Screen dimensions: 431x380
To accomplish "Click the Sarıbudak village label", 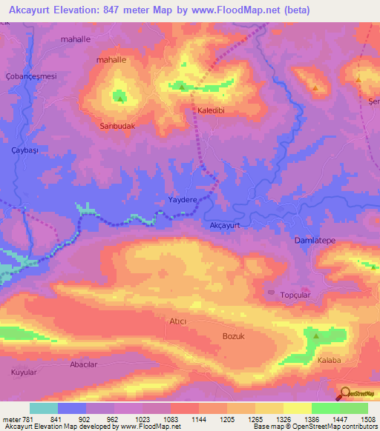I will [x=117, y=126].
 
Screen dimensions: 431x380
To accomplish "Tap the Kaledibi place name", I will [x=212, y=110].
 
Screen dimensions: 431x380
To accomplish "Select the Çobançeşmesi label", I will [x=31, y=76].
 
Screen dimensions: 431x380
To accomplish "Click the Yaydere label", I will [x=183, y=200].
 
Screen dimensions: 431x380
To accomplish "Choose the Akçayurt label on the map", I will [x=228, y=224].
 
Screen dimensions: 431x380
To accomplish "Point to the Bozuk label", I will [x=233, y=335].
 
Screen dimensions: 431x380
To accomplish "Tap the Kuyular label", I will [x=23, y=371].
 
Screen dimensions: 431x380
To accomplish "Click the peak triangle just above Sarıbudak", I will [x=119, y=96].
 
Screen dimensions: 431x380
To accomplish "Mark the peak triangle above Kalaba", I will [x=316, y=335].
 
